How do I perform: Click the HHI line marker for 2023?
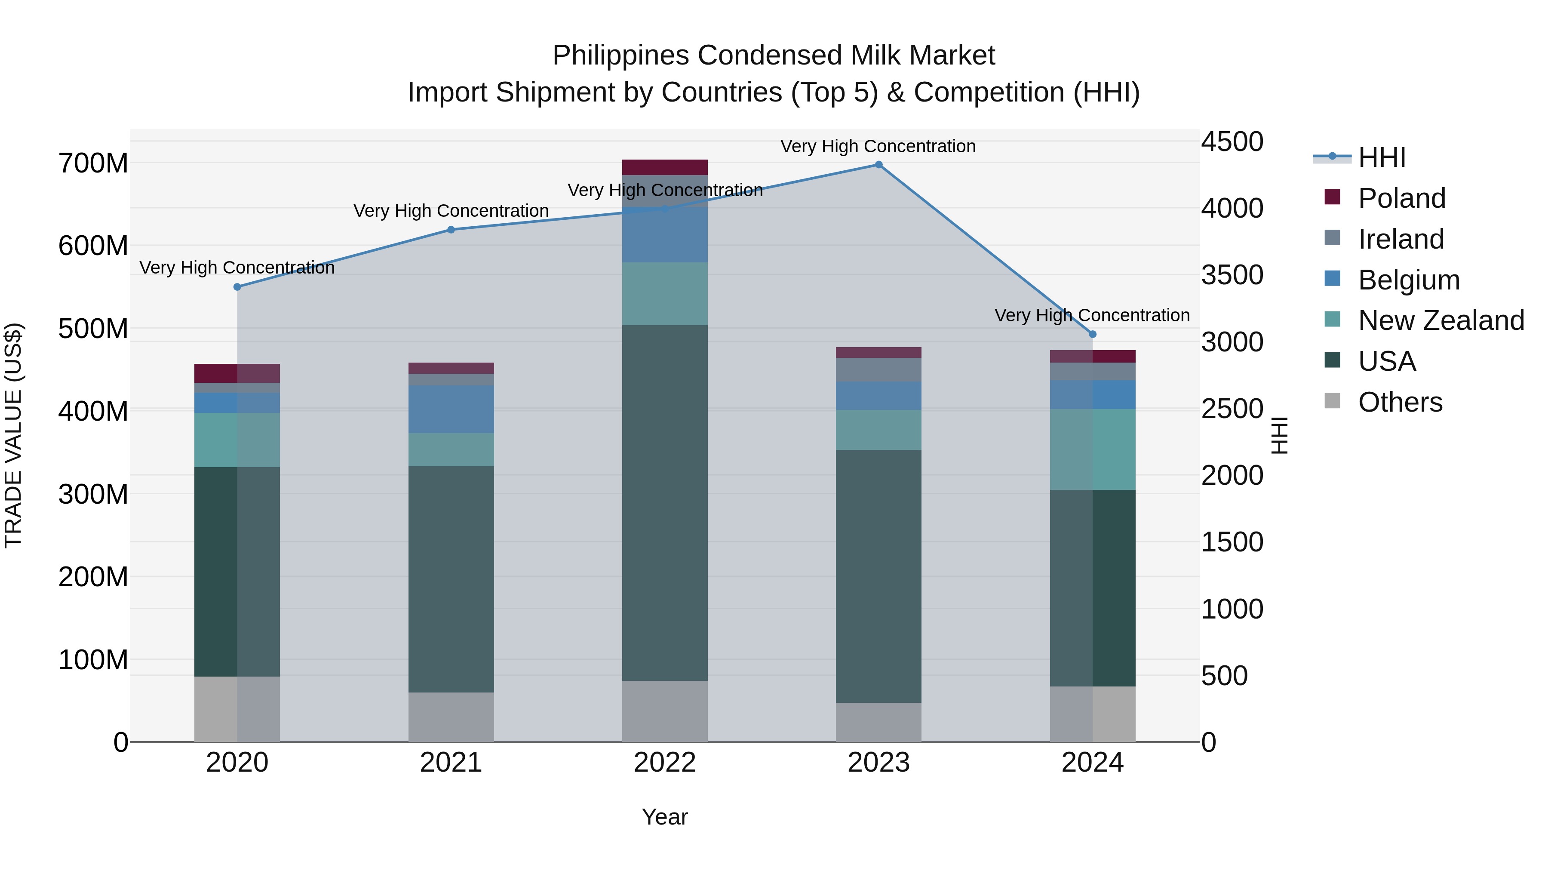pos(878,165)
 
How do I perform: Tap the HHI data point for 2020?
pos(237,287)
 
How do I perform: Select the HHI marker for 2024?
pos(1093,334)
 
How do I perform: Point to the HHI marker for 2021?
pos(451,230)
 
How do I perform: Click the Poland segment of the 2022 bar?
pos(665,167)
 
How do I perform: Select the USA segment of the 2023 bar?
pos(878,576)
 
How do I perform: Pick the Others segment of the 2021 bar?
pos(451,717)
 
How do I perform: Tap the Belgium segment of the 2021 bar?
pos(451,409)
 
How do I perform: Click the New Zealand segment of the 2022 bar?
pos(665,293)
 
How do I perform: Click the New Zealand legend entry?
pos(1440,320)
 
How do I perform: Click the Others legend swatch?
pos(1332,401)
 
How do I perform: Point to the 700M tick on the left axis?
pos(93,163)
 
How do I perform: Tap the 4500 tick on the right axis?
pos(1232,142)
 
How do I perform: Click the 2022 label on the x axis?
pos(665,763)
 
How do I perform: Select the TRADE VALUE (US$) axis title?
pos(13,435)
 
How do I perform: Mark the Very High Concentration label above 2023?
pos(878,147)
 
